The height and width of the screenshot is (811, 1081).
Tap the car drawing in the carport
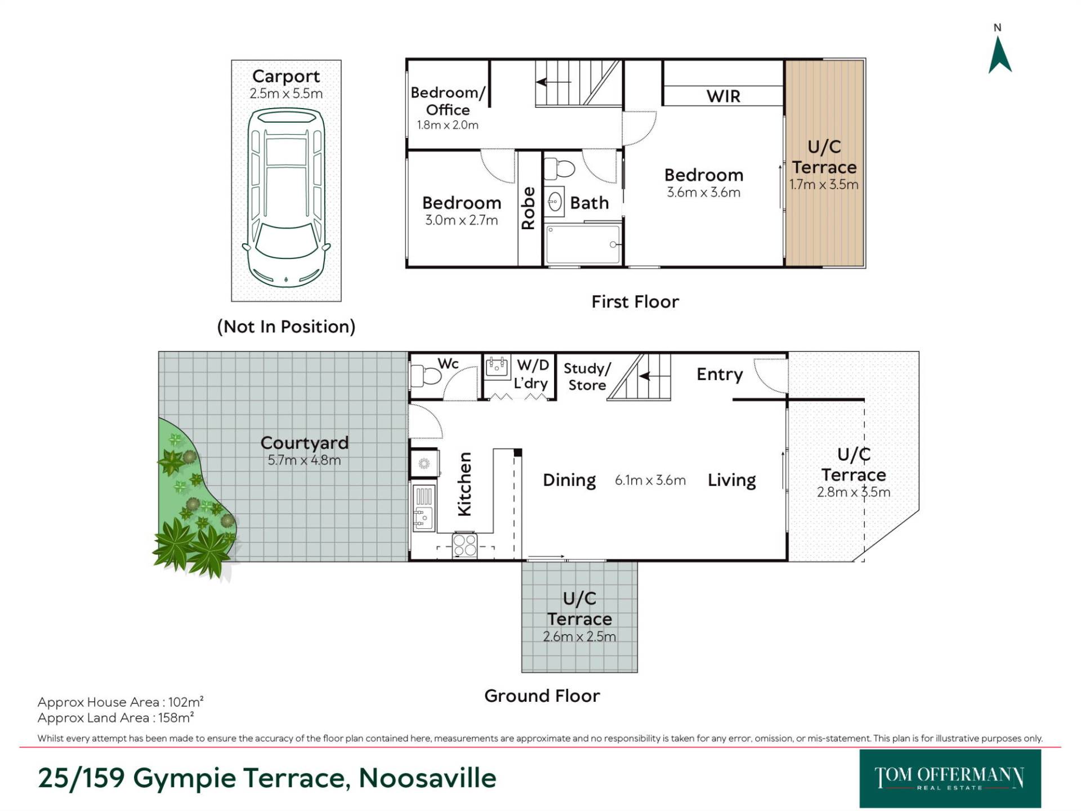point(286,198)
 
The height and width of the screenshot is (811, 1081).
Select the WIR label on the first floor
point(723,96)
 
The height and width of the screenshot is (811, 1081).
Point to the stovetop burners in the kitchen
point(465,545)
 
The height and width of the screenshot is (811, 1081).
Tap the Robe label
point(528,208)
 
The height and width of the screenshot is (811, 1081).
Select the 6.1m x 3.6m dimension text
point(650,480)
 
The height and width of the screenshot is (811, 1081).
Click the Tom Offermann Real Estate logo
point(950,778)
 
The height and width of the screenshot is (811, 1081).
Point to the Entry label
point(720,375)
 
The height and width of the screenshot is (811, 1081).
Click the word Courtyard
point(305,443)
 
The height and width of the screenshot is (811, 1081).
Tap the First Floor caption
point(635,302)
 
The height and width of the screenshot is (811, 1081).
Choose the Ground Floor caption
point(542,696)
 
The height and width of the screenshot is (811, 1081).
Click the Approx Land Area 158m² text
point(116,718)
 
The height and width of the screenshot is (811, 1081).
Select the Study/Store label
point(587,376)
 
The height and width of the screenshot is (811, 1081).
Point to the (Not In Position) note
point(286,327)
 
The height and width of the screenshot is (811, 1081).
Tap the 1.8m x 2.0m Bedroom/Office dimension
point(448,125)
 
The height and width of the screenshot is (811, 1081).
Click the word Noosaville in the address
point(428,778)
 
